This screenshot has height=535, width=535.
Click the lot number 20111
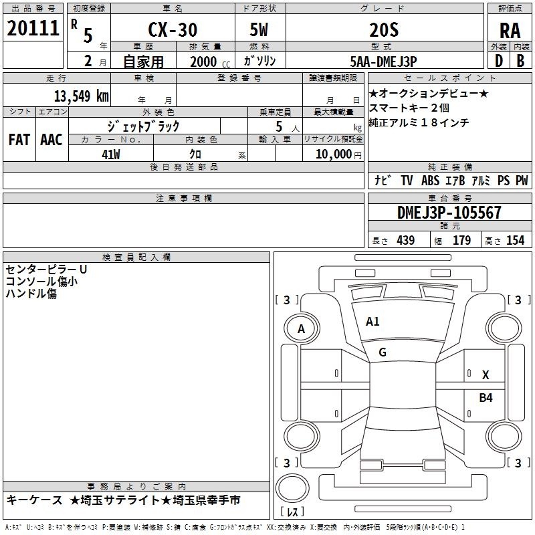tap(33, 28)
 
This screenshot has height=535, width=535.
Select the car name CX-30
tap(173, 29)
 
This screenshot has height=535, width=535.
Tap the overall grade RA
tap(510, 31)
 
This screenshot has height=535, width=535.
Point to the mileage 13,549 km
tap(82, 96)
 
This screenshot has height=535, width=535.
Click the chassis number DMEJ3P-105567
tap(449, 213)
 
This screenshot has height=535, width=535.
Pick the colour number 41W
tap(111, 154)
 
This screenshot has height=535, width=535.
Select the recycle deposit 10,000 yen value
tap(338, 154)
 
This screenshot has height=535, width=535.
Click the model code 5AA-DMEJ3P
tap(383, 62)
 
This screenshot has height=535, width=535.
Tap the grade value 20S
tap(384, 30)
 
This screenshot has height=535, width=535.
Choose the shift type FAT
tap(19, 140)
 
